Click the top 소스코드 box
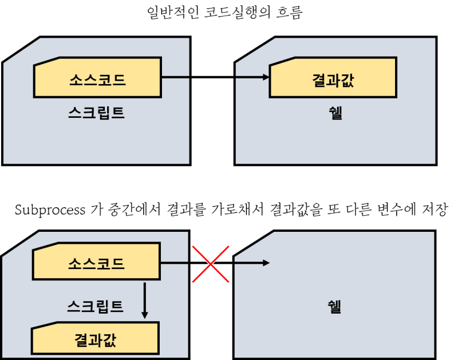coord(97,77)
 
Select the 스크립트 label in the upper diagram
coord(96,113)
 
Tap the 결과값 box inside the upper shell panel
coord(333,77)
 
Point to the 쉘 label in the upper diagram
coord(335,113)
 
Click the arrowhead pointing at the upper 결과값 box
coord(266,77)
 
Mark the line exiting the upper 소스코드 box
coord(175,77)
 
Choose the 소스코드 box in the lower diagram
coord(96,263)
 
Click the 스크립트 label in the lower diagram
coord(95,306)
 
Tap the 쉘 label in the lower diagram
coord(334,306)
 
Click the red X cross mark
coord(211,264)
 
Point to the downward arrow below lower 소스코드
coord(144,300)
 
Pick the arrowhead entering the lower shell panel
coord(266,263)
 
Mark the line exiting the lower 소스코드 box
coord(175,263)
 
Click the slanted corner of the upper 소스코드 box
coord(46,61)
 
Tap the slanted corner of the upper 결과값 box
coord(282,61)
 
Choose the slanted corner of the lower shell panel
coord(254,244)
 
